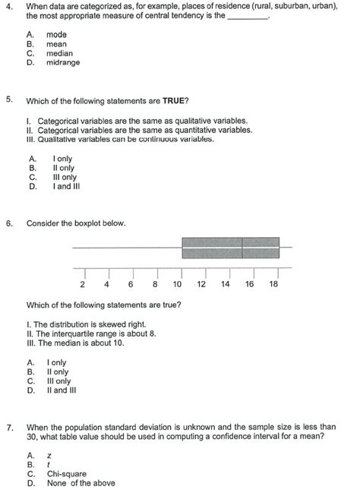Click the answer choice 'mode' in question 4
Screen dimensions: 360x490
(x=56, y=35)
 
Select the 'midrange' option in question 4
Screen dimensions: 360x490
(x=62, y=63)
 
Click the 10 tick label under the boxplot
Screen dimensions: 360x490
(x=177, y=285)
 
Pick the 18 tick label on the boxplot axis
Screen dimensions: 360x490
(x=273, y=285)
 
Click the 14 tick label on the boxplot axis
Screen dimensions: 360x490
(x=226, y=285)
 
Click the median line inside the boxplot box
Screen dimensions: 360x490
(x=242, y=248)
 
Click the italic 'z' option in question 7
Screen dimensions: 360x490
(x=49, y=454)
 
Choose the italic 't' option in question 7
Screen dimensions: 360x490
(x=48, y=463)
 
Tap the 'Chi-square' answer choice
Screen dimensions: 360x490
(x=65, y=473)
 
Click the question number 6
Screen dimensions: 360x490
(x=8, y=223)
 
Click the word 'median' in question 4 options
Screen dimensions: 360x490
(x=59, y=54)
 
